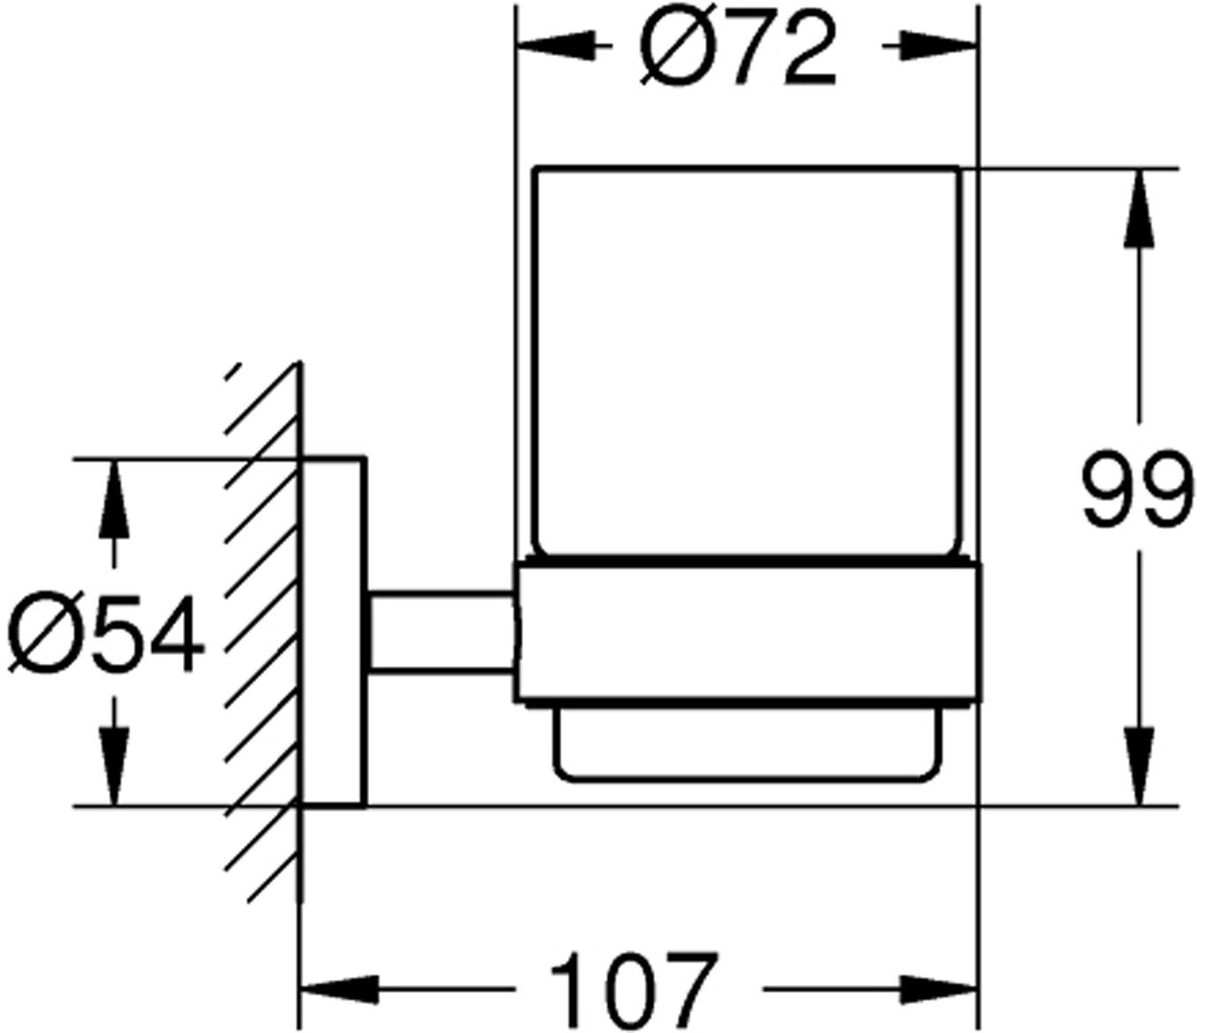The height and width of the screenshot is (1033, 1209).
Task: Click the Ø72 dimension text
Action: [x=739, y=50]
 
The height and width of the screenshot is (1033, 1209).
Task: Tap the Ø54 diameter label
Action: [x=104, y=635]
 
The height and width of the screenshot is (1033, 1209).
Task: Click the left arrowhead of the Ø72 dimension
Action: [x=556, y=46]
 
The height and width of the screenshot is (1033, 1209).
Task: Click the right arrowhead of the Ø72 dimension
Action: [x=940, y=46]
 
